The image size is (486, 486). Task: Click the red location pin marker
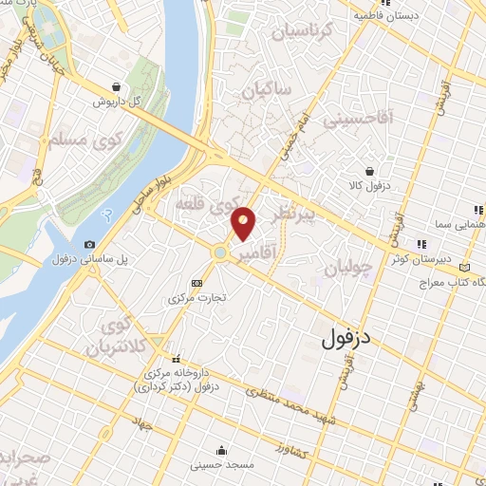pos(244,223)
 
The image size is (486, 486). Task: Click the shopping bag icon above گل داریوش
pos(116,85)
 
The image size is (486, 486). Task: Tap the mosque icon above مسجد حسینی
pos(221,450)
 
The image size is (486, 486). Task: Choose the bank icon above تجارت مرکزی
pos(196,283)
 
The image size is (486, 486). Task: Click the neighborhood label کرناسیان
pos(303,32)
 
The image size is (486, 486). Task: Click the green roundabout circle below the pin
pos(221,252)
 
